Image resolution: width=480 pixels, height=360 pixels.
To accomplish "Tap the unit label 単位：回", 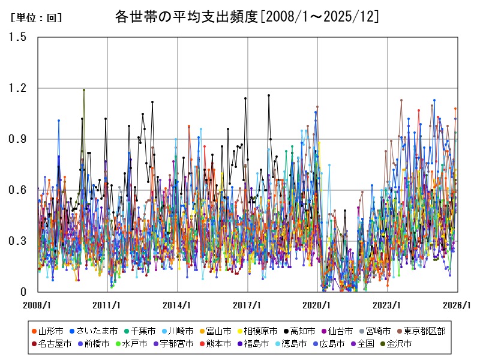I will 36,18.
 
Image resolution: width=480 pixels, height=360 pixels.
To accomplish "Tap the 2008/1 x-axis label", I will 37,305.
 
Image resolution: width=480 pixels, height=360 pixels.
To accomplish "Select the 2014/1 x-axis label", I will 178,305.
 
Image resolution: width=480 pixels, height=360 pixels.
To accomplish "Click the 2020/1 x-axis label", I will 318,305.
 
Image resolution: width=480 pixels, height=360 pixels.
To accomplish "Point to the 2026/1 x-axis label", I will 458,305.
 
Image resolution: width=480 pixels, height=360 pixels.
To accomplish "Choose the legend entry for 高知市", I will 298,331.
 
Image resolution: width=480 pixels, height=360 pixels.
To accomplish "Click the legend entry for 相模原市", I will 256,331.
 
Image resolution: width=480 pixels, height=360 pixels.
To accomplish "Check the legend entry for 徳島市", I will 290,344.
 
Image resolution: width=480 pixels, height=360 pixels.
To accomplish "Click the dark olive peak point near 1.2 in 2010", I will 84,90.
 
